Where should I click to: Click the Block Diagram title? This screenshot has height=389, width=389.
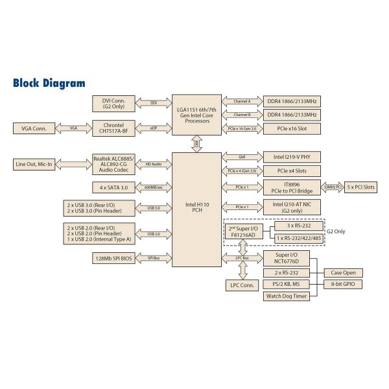coord(49,83)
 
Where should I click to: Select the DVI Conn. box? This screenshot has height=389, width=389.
coord(113,103)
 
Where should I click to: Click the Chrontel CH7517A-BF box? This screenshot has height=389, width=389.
coord(113,128)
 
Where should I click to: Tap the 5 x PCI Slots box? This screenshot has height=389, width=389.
coord(360,187)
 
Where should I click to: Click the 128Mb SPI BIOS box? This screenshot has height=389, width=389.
coord(113,258)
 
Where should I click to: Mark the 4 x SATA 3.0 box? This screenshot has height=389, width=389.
coord(113,187)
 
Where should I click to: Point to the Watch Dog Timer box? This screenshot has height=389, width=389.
coord(285,296)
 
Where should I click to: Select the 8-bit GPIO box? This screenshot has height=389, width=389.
coord(343,284)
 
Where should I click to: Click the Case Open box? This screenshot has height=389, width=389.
coord(343,272)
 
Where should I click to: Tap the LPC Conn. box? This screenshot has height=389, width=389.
coord(241,285)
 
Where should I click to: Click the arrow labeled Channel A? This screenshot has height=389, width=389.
coord(241,102)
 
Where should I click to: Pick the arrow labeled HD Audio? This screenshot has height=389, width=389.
coord(153,164)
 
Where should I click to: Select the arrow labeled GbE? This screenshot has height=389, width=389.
coord(241,157)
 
